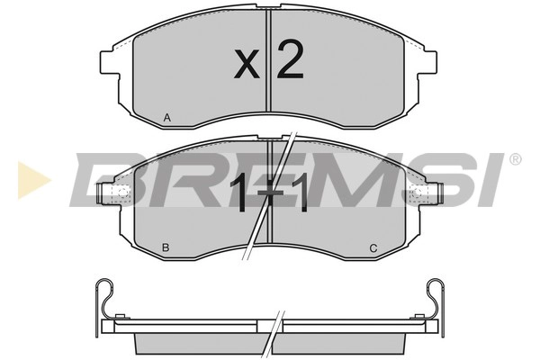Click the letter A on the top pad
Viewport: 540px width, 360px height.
[167, 118]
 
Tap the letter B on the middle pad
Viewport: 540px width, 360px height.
[166, 247]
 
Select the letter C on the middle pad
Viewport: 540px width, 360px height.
[373, 248]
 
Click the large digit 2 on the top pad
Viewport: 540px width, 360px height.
[290, 59]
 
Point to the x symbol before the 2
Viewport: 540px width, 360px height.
[247, 64]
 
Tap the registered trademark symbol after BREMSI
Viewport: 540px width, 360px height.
[515, 159]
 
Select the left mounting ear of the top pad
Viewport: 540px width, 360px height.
[110, 62]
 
